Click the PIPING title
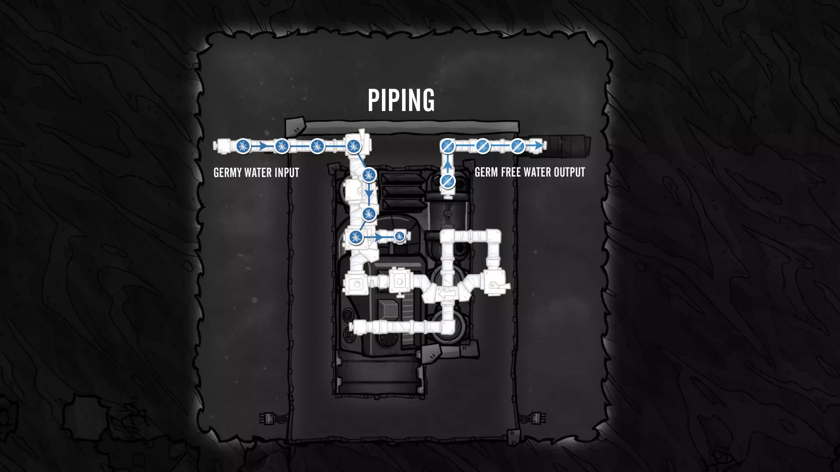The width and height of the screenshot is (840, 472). pos(401,100)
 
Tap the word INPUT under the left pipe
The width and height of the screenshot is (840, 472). pos(287,173)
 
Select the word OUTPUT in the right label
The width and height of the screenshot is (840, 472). pos(569,172)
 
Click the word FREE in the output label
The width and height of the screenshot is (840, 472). pos(511,172)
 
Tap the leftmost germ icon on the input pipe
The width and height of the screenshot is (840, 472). pos(243,146)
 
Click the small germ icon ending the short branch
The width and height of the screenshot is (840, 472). pos(399,236)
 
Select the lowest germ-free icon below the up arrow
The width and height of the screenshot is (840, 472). pos(447,181)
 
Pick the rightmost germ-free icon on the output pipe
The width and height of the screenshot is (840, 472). pos(518,146)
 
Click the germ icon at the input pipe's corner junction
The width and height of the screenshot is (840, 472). pos(353,146)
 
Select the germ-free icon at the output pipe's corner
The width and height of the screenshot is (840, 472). pos(447,146)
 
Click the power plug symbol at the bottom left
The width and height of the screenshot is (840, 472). pos(266,418)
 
